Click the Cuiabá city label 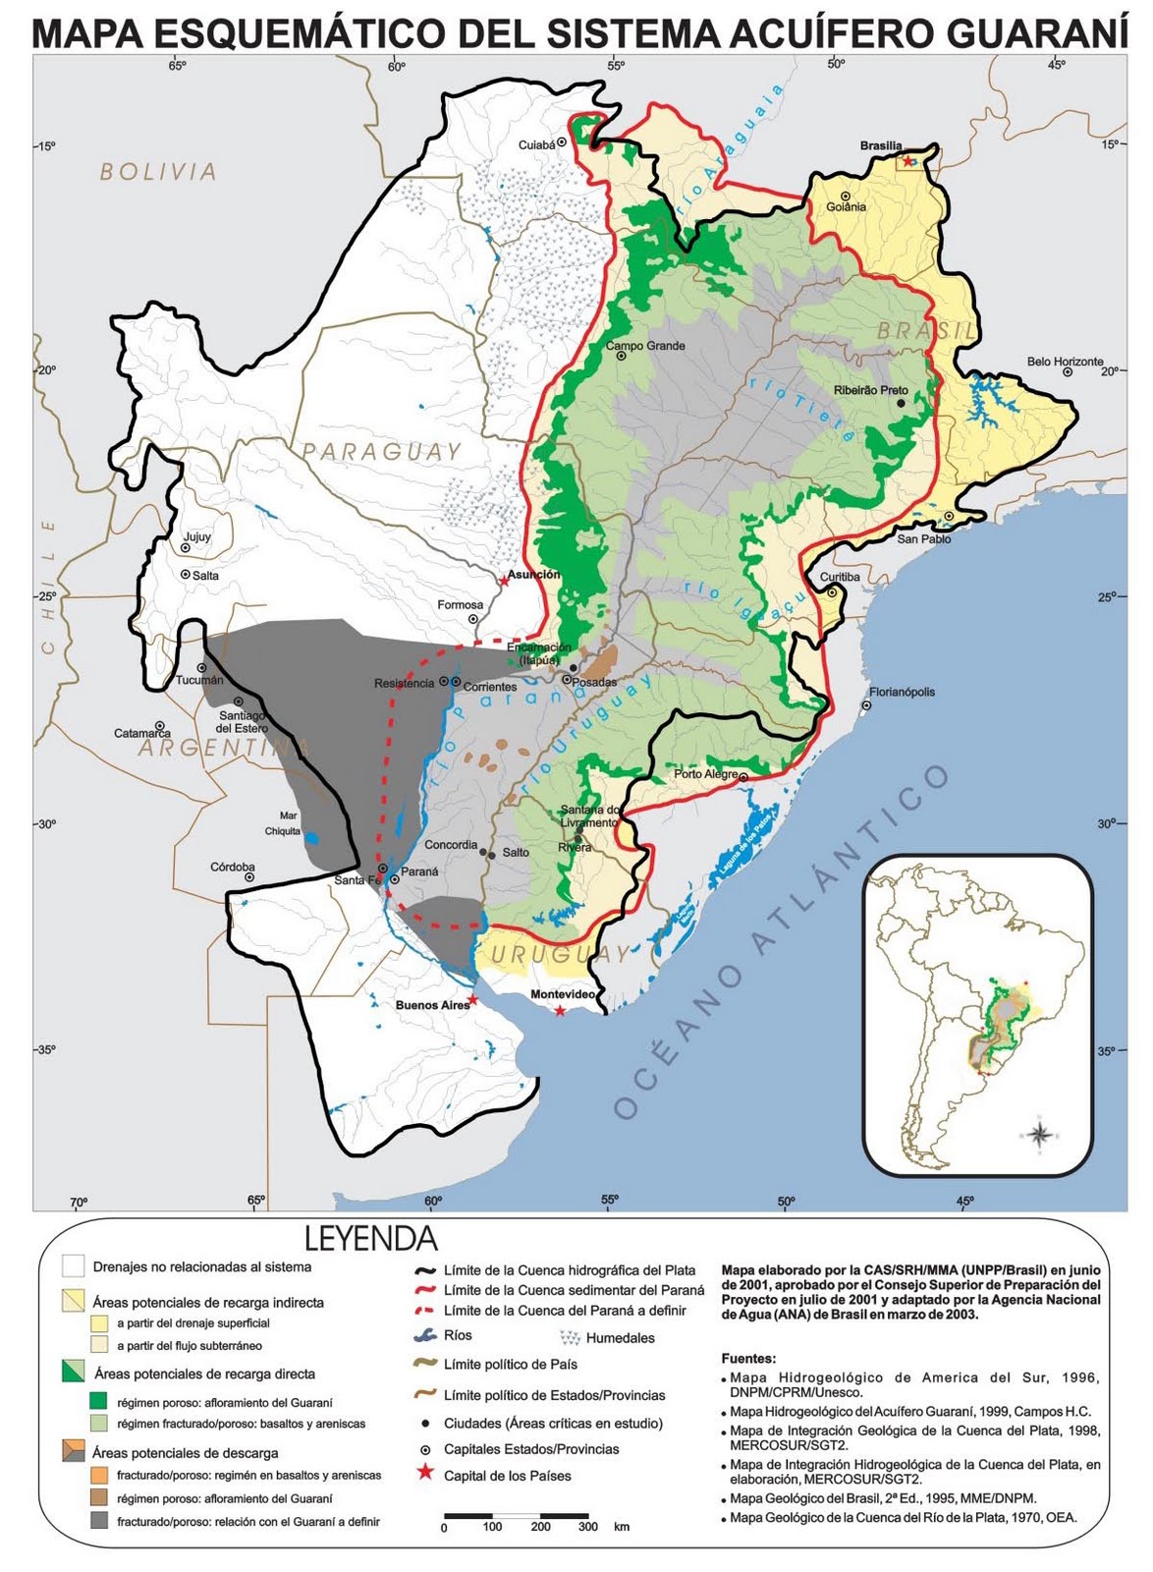coord(537,145)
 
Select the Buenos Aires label coord(432,1005)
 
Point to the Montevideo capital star coord(560,1011)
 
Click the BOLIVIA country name coord(158,172)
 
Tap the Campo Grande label coord(645,346)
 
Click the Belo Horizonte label coord(1065,362)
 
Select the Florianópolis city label coord(902,692)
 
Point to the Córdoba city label coord(233,867)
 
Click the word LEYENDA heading coord(370,1238)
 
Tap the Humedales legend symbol coord(569,1337)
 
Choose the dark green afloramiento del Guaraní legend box coord(98,1400)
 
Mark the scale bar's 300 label coord(587,1527)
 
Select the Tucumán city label coord(199,680)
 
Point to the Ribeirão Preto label coord(870,390)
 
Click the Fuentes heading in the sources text coord(748,1359)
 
